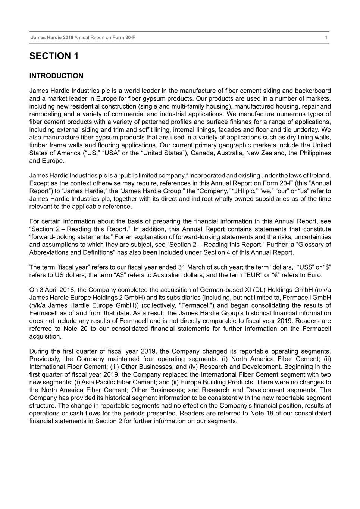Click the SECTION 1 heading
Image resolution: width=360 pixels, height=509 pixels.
coord(54,56)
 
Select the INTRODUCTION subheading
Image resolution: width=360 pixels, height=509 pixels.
coord(56,76)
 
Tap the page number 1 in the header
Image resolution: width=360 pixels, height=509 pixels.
coord(326,38)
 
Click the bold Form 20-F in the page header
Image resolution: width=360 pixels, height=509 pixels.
coord(123,38)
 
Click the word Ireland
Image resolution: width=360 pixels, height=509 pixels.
coord(320,176)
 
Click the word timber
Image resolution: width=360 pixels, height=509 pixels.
coord(38,145)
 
